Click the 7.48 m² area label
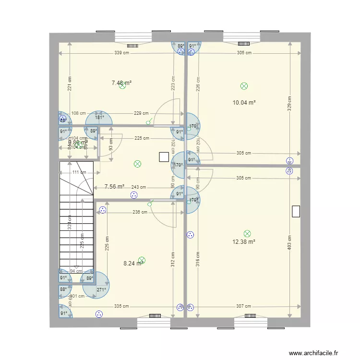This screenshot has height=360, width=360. point(121,83)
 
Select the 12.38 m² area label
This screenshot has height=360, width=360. point(244,241)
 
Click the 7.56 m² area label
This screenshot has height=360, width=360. point(115,187)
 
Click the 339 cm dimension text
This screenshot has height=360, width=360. point(122,53)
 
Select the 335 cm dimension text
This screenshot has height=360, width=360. point(121,306)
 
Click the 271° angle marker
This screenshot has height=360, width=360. point(101,290)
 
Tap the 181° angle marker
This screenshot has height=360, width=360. point(99,118)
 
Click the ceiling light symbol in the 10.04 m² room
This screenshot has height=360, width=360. point(244,86)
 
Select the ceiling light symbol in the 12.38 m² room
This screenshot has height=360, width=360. point(247,234)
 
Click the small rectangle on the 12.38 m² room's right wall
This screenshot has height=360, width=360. point(296,211)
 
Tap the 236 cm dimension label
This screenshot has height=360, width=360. point(140,212)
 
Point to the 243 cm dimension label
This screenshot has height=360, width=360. point(138,187)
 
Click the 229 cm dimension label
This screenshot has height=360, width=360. point(141,113)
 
